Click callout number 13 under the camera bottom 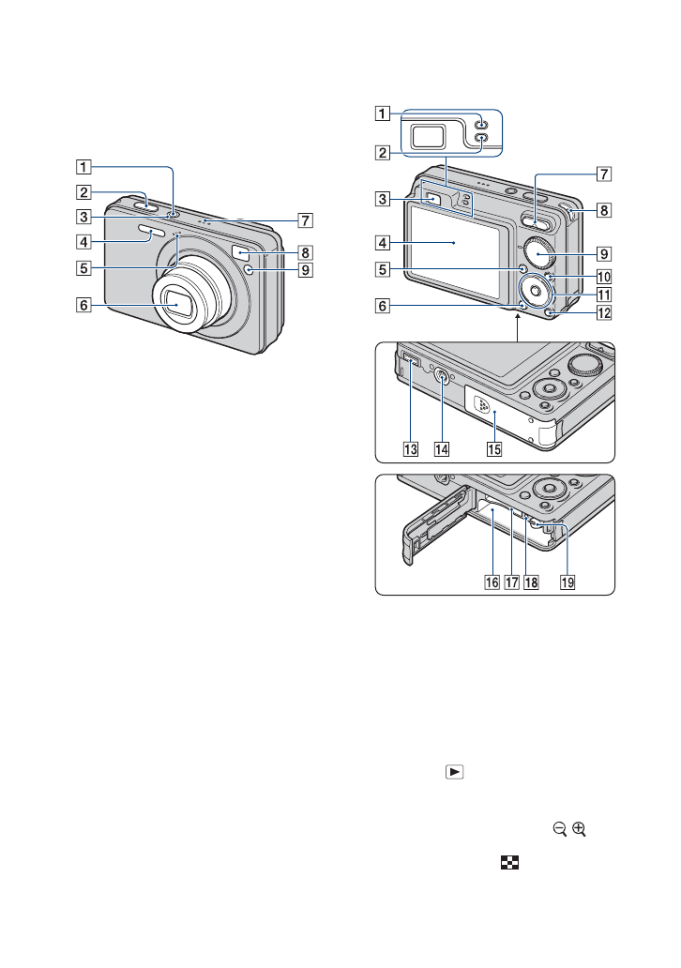coord(409,448)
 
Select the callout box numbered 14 coord(441,448)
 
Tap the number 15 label coord(493,448)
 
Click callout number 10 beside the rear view coord(605,277)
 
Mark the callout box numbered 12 coord(605,312)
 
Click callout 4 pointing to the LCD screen coord(383,243)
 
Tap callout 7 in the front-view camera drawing coord(305,221)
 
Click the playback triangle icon coord(453,773)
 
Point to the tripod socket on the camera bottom coord(441,378)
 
